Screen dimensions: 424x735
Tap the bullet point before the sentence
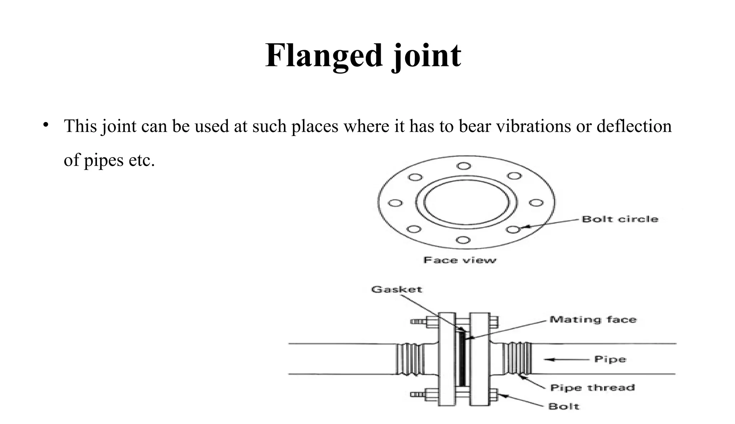(45, 125)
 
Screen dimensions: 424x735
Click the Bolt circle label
(620, 219)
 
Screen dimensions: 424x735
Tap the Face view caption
(460, 260)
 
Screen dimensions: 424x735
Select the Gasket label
(397, 289)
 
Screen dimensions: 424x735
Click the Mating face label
(593, 320)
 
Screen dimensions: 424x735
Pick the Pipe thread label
(593, 388)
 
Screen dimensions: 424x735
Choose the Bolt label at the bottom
(564, 406)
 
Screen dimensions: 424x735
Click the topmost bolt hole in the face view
(464, 166)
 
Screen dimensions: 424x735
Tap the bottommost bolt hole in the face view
(464, 240)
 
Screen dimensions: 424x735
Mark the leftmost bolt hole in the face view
(395, 203)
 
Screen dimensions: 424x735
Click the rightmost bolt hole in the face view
(536, 203)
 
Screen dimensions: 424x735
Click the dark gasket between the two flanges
(462, 359)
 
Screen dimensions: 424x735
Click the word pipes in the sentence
(104, 160)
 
